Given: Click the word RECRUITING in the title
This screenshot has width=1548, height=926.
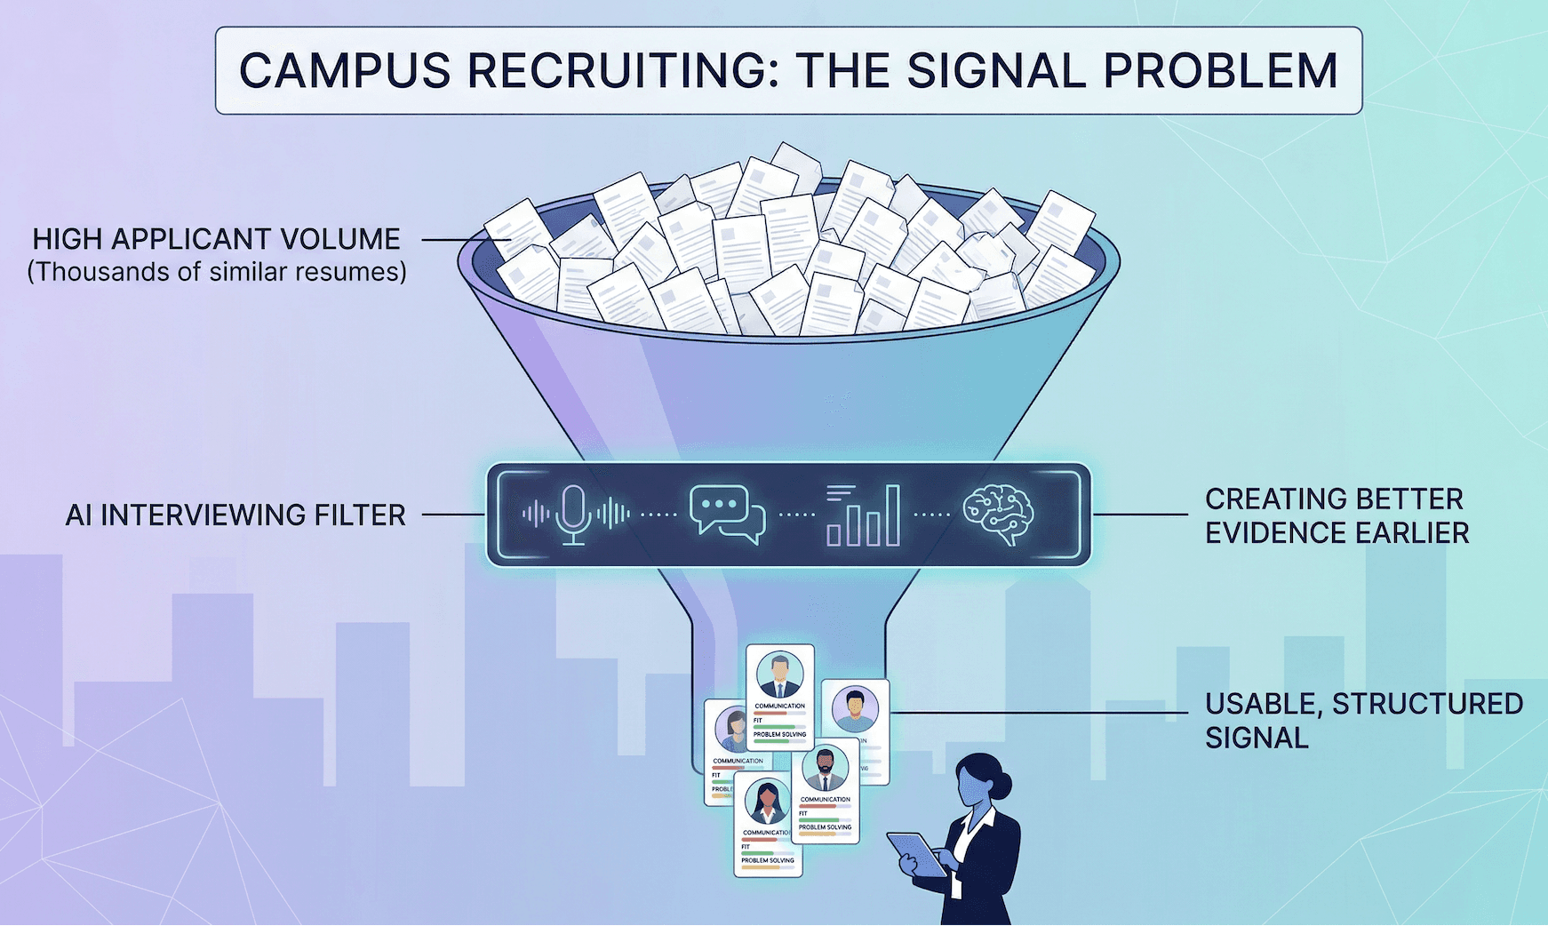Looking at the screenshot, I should click(622, 71).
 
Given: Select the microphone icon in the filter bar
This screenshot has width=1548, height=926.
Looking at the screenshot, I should click(574, 514).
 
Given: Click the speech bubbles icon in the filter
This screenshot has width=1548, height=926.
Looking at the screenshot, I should click(727, 514).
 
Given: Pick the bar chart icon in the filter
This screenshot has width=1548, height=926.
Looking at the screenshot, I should click(863, 515).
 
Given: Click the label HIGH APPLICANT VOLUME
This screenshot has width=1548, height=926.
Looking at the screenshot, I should click(216, 239).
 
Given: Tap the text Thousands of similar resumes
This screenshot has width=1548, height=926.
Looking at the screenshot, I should click(217, 272).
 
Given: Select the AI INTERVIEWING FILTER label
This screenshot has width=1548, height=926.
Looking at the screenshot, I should click(235, 515).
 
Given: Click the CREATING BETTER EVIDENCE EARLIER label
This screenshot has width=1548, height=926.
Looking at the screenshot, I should click(1336, 515).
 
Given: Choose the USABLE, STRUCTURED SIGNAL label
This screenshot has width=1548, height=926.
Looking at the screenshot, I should click(1362, 720).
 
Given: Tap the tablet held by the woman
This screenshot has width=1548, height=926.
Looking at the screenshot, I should click(918, 854).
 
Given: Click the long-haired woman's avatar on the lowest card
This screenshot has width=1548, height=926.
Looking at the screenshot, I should click(767, 802).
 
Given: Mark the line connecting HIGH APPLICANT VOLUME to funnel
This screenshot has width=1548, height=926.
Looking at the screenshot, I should click(455, 240).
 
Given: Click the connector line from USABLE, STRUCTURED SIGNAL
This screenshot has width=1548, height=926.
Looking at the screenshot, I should click(1040, 713).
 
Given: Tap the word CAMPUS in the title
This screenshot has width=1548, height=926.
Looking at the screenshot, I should click(345, 71).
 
